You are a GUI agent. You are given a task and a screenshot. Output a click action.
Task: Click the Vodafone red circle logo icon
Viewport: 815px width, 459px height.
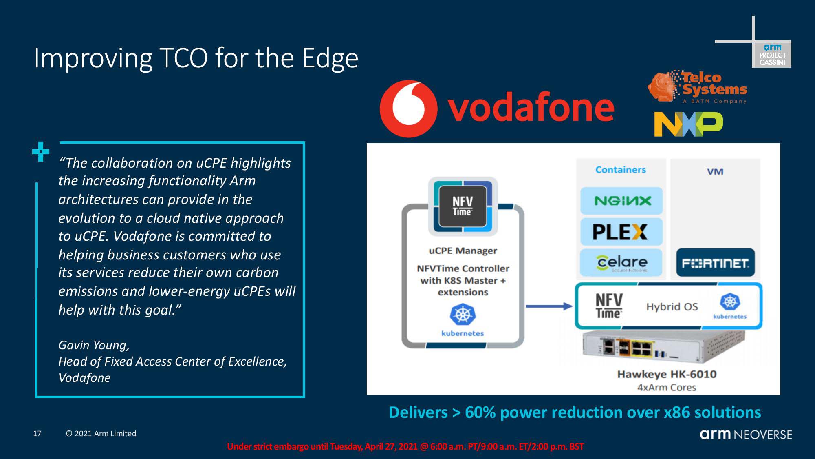(408, 109)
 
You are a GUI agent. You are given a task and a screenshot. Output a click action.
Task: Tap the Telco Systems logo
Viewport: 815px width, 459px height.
(697, 87)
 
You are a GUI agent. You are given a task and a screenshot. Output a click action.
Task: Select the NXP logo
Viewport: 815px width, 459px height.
(688, 124)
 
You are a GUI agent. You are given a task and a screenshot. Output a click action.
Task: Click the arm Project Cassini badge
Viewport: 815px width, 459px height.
(771, 54)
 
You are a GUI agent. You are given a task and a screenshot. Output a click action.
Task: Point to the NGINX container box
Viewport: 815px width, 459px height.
(621, 201)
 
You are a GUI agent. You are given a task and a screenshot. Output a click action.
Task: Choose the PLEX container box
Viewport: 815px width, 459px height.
(621, 232)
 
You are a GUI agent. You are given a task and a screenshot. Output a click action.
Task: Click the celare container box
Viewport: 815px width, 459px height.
(621, 262)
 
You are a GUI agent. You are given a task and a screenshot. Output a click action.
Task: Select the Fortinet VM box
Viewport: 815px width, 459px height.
(716, 263)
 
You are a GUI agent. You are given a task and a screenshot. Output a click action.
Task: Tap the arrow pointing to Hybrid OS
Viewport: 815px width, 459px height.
(549, 306)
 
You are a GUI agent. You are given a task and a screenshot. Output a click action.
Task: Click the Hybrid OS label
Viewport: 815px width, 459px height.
(672, 307)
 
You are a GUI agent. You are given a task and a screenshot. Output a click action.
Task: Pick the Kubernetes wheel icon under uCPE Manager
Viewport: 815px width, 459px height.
(463, 314)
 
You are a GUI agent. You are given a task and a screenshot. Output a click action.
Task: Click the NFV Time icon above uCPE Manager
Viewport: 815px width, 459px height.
(463, 206)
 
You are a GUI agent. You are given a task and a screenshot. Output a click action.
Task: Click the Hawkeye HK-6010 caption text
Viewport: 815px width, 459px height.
(667, 374)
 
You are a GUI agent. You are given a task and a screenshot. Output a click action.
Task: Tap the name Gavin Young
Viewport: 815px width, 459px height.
(94, 345)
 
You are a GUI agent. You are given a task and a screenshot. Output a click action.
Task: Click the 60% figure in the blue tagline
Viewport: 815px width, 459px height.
(480, 412)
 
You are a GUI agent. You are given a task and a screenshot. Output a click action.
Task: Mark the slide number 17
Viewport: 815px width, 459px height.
(37, 434)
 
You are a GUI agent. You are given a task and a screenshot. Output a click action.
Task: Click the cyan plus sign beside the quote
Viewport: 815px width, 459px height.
(41, 152)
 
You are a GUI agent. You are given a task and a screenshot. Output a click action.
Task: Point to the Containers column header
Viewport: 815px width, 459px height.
(621, 170)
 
